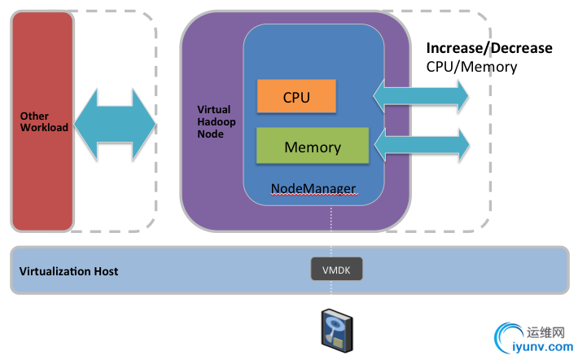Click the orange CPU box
(296, 97)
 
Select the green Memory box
(313, 147)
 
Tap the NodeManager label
(313, 189)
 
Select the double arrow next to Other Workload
(114, 125)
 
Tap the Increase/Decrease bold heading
(489, 48)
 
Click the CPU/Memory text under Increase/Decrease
(471, 67)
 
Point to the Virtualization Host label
(68, 270)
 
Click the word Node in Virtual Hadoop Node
(209, 134)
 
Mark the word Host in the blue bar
(105, 270)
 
